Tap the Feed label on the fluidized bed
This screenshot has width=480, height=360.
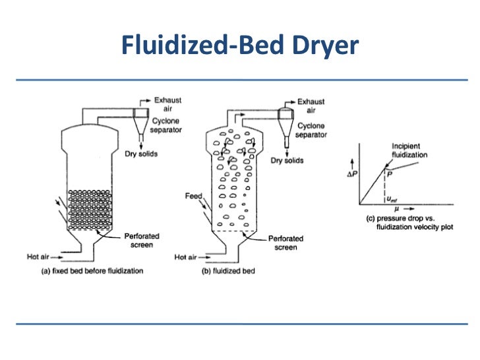coord(193,196)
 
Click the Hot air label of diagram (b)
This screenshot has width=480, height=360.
coord(186,257)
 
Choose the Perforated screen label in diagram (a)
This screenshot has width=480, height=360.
coord(141,240)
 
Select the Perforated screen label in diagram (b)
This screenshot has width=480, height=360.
coord(285,243)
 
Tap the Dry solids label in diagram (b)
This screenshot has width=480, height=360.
coord(287,160)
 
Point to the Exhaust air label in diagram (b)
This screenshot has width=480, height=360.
coord(311,106)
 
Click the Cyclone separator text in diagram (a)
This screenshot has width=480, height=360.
coord(167,125)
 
